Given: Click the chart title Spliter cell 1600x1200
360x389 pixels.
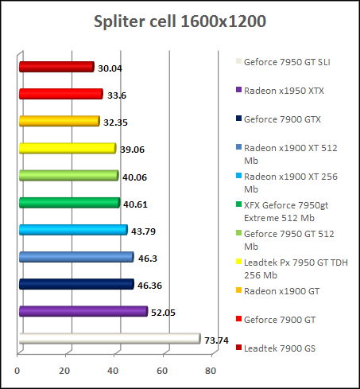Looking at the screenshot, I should (180, 21).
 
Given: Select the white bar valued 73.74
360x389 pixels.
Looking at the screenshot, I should (109, 339).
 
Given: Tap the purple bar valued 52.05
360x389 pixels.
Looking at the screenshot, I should (83, 312).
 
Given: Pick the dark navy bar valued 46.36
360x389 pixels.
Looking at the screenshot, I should (75, 284).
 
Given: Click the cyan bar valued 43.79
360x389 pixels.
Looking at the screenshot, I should (72, 231).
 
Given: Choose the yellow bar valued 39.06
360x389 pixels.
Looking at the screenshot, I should (67, 148).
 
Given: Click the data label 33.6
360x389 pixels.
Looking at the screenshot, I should (117, 95).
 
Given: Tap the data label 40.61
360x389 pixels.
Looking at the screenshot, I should (134, 204).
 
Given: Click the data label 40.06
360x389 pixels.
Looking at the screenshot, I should (134, 177).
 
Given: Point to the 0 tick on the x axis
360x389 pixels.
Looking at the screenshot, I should (17, 371).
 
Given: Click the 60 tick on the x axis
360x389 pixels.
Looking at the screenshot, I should (163, 371).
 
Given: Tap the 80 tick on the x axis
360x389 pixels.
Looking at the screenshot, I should (211, 371).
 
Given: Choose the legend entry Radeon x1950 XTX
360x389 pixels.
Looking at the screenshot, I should (283, 90).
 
